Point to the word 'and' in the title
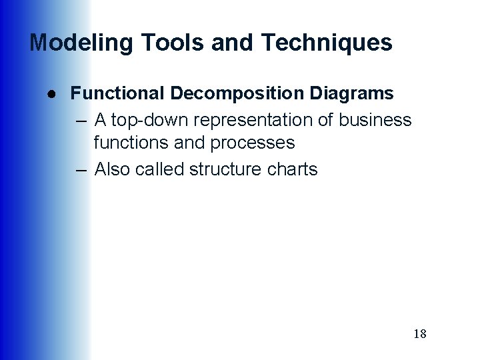[x=233, y=43]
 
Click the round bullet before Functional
[x=51, y=93]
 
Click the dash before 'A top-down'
[x=81, y=121]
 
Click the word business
[x=375, y=121]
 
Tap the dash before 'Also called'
[x=81, y=170]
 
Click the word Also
[x=113, y=169]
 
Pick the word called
[x=160, y=169]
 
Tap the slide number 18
[x=420, y=333]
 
